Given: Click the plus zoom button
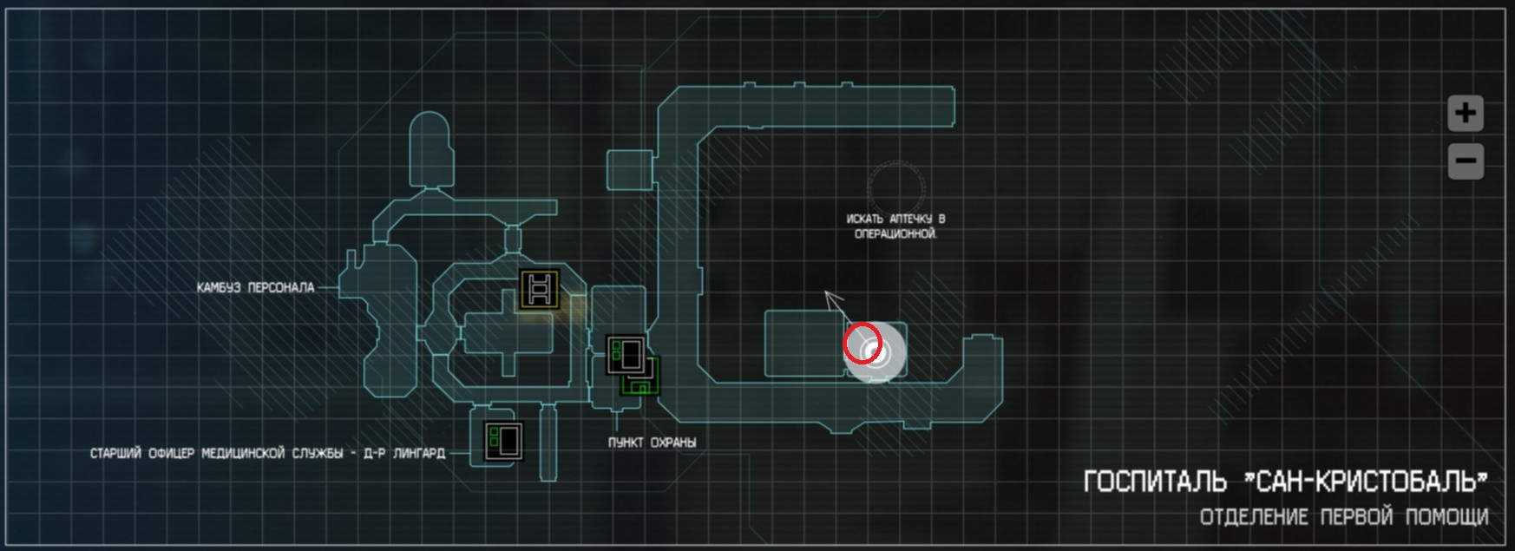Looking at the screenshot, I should pyautogui.click(x=1466, y=113).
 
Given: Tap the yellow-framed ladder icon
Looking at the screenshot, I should pyautogui.click(x=538, y=289).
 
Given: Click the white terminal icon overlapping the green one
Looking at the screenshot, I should pyautogui.click(x=626, y=354).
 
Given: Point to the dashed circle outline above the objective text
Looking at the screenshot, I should pyautogui.click(x=898, y=186).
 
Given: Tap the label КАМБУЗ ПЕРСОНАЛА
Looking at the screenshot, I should pyautogui.click(x=255, y=287).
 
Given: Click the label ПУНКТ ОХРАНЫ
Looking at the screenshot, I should pyautogui.click(x=652, y=443).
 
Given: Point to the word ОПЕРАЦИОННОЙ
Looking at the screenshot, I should pyautogui.click(x=895, y=234).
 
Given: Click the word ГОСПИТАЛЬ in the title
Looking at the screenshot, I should pyautogui.click(x=1155, y=482).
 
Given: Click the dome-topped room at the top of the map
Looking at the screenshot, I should pyautogui.click(x=430, y=149).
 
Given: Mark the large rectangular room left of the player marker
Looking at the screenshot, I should pyautogui.click(x=803, y=344).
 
